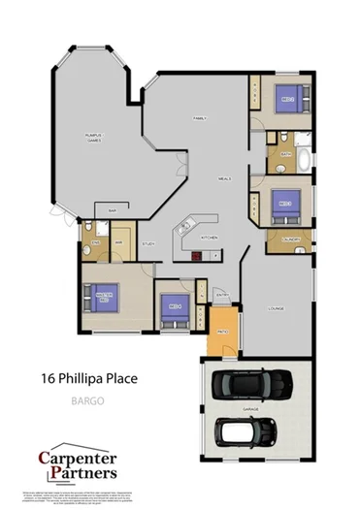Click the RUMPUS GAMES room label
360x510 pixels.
[94, 138]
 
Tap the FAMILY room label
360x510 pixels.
[200, 117]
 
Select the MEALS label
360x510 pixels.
[224, 179]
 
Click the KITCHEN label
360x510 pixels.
[208, 236]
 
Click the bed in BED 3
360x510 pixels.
[288, 204]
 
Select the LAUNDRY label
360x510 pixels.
[289, 239]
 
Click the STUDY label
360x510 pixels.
[148, 244]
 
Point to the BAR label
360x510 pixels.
[113, 210]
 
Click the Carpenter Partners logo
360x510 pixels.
[78, 463]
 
